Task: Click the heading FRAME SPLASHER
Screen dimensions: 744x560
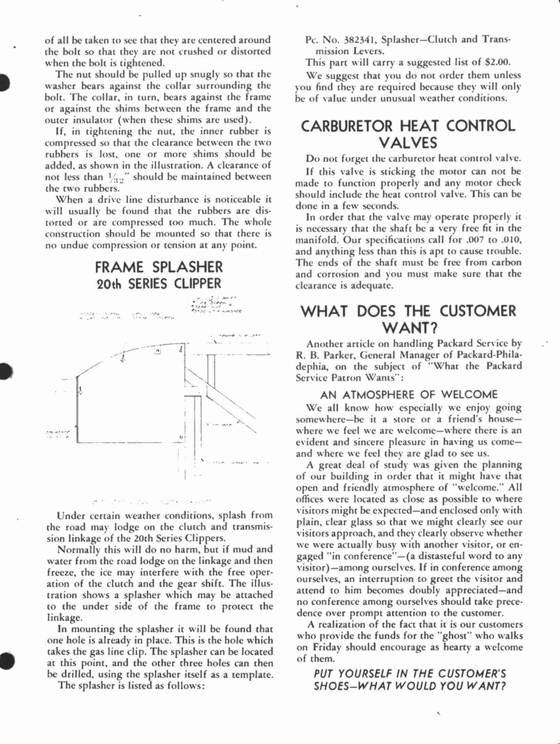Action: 159,267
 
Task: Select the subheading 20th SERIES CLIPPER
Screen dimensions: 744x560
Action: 159,284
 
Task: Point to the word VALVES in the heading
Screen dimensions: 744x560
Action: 408,142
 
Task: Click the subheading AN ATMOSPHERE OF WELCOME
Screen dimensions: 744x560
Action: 409,395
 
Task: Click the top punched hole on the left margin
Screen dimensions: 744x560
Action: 3,82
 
